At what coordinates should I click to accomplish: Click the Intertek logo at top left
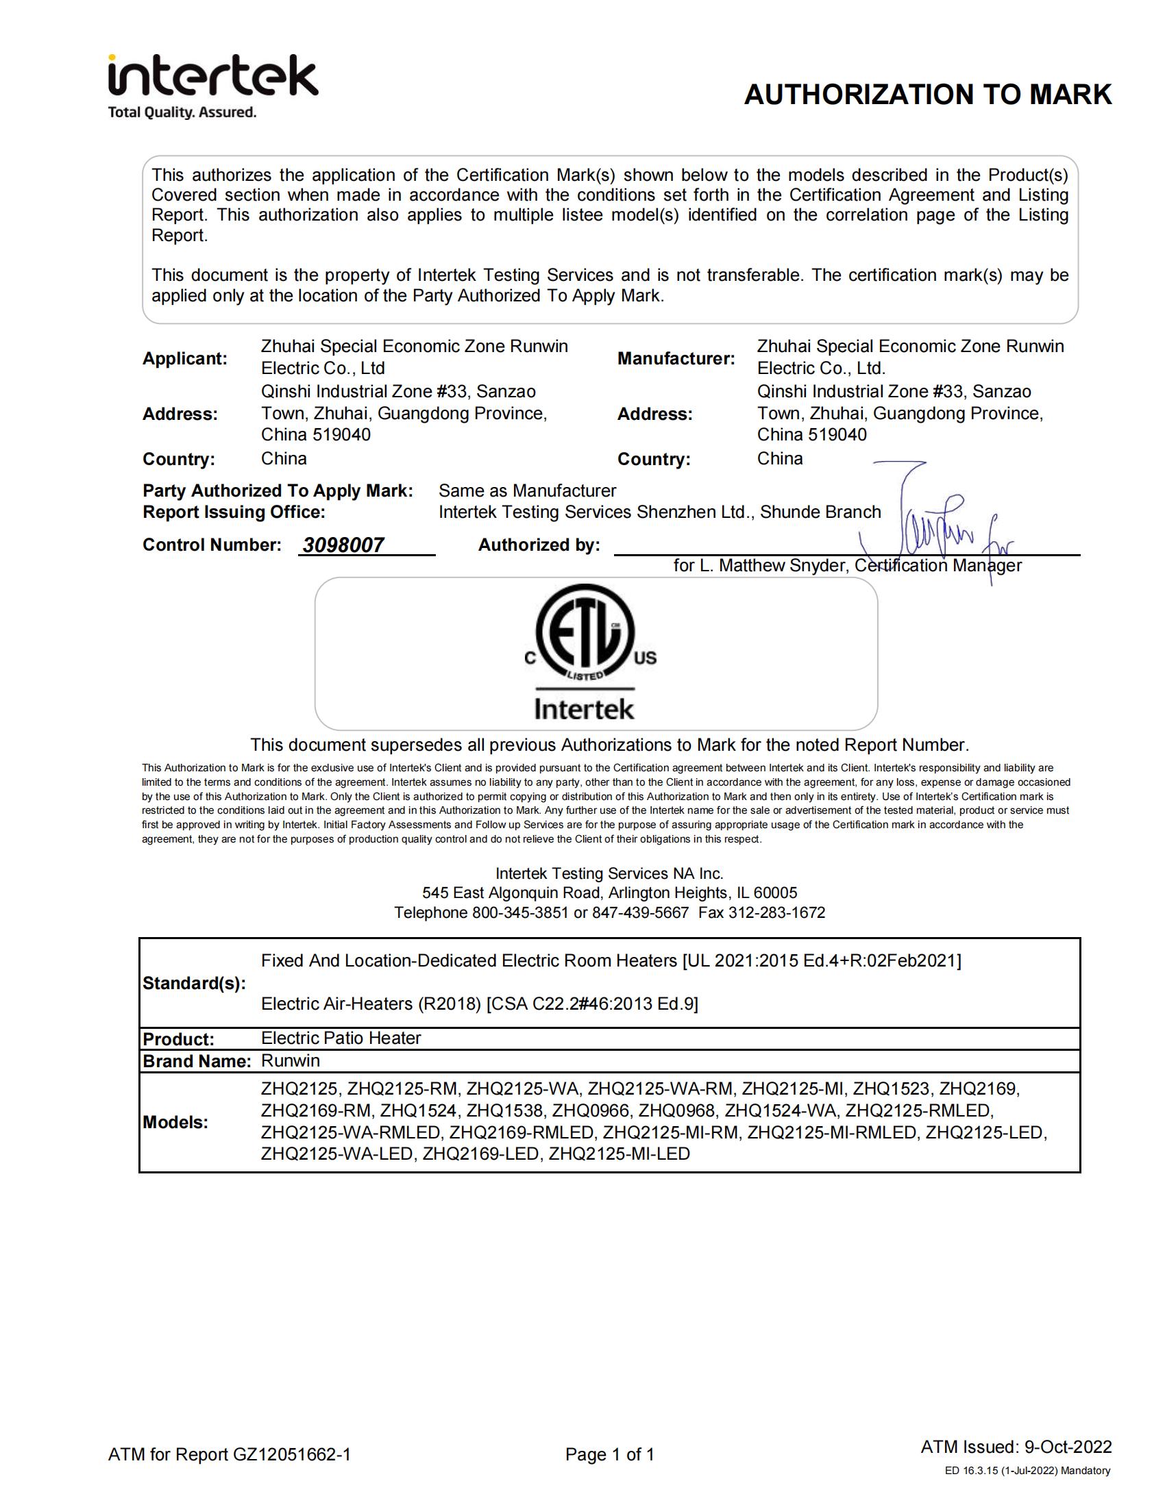tap(212, 75)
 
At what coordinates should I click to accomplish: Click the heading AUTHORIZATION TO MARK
tap(928, 95)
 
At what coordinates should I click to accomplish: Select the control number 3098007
tap(343, 545)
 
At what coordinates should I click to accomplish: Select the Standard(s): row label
tap(194, 983)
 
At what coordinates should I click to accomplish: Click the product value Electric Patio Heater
tap(341, 1038)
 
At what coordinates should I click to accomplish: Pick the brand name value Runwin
tap(291, 1060)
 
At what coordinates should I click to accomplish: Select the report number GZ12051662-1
tap(292, 1454)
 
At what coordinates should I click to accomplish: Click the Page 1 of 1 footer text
tap(609, 1454)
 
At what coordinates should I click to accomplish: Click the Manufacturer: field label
tap(676, 359)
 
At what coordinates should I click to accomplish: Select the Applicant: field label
tap(184, 359)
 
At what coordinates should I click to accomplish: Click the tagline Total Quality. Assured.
tap(182, 112)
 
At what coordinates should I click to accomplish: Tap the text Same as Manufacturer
tap(527, 490)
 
